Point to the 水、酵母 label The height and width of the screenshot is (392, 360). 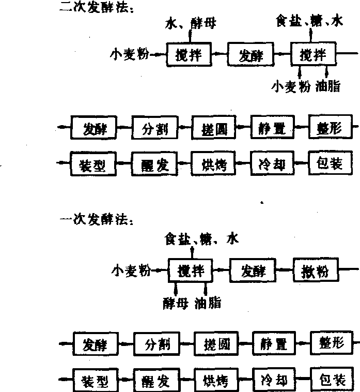pos(190,23)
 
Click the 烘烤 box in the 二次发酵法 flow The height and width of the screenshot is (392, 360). pos(210,165)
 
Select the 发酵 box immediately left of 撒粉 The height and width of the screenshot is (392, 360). pos(253,270)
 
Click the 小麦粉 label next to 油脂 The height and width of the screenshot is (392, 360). pos(291,86)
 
